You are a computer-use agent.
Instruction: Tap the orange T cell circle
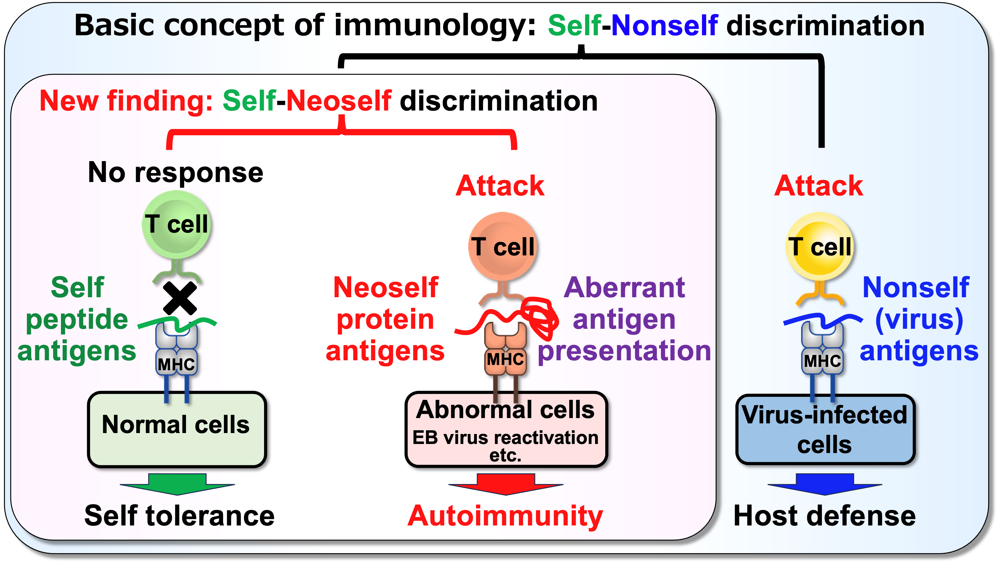[503, 246]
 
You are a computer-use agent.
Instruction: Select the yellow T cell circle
[820, 246]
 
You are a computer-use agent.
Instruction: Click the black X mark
[180, 298]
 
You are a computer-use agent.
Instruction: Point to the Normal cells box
[177, 429]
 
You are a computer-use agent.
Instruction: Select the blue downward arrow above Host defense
[825, 483]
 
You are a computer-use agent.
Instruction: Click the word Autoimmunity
[505, 516]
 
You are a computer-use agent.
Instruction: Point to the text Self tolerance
[179, 516]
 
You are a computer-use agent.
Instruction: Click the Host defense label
[825, 516]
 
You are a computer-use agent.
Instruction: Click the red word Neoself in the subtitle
[338, 101]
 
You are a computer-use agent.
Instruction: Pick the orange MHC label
[505, 359]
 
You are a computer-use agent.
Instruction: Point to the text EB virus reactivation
[505, 437]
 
